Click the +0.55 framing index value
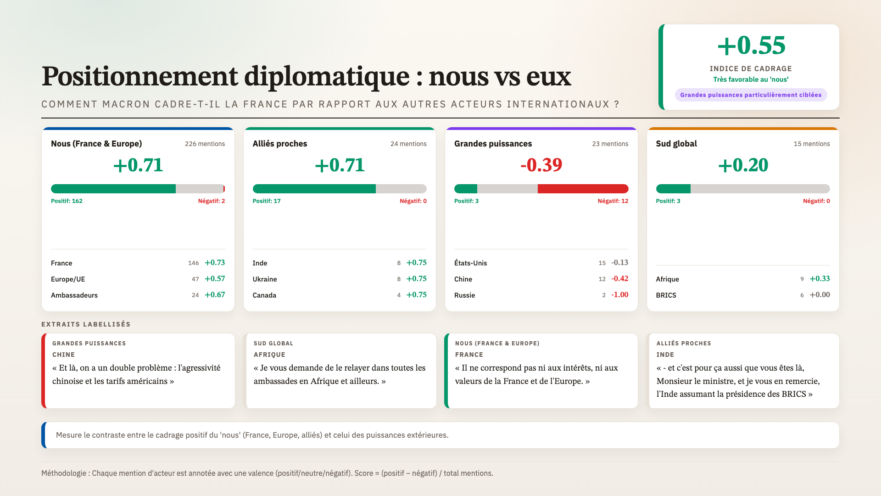pos(751,45)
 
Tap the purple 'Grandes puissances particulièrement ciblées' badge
pos(751,95)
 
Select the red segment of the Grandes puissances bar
pos(583,189)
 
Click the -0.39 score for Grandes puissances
pos(541,165)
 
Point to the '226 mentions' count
pos(205,144)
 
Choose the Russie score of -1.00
pos(619,295)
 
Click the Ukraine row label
pos(265,279)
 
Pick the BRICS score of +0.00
pos(820,295)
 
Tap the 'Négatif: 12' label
pos(613,201)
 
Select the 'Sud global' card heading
pos(676,144)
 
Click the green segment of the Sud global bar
pos(673,189)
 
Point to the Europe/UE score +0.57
pos(215,279)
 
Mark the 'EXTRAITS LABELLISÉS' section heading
pos(86,324)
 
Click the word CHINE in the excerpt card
pos(63,355)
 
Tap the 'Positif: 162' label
pos(67,201)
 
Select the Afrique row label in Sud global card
pos(667,279)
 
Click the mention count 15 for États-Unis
pos(602,263)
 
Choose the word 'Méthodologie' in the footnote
pos(64,473)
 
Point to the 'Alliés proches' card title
pos(280,144)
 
